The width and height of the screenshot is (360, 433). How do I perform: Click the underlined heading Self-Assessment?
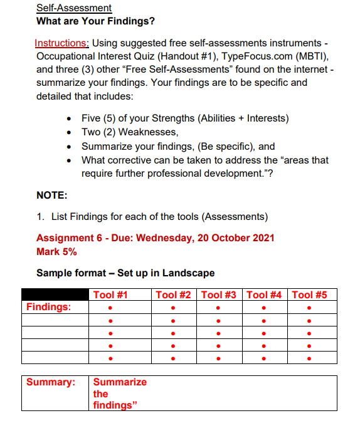tap(74, 8)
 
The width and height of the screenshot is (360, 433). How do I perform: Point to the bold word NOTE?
tap(52, 196)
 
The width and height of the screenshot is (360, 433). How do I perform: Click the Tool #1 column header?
tap(110, 295)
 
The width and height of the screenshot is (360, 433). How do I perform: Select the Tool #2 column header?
tap(173, 295)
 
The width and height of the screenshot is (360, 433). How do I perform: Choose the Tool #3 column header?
tap(219, 295)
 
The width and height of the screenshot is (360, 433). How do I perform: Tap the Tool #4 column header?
tap(265, 295)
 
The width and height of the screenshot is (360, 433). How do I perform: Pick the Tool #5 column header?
tap(310, 295)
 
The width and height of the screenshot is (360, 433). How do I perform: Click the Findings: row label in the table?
tap(48, 307)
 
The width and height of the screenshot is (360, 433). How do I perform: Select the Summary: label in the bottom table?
tap(51, 382)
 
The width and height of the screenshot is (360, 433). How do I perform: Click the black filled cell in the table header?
tap(55, 295)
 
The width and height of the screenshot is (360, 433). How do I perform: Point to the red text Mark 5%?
tap(56, 251)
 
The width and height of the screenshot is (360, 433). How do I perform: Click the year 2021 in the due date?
tap(262, 238)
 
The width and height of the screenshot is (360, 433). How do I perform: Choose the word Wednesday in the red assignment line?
tap(164, 238)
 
